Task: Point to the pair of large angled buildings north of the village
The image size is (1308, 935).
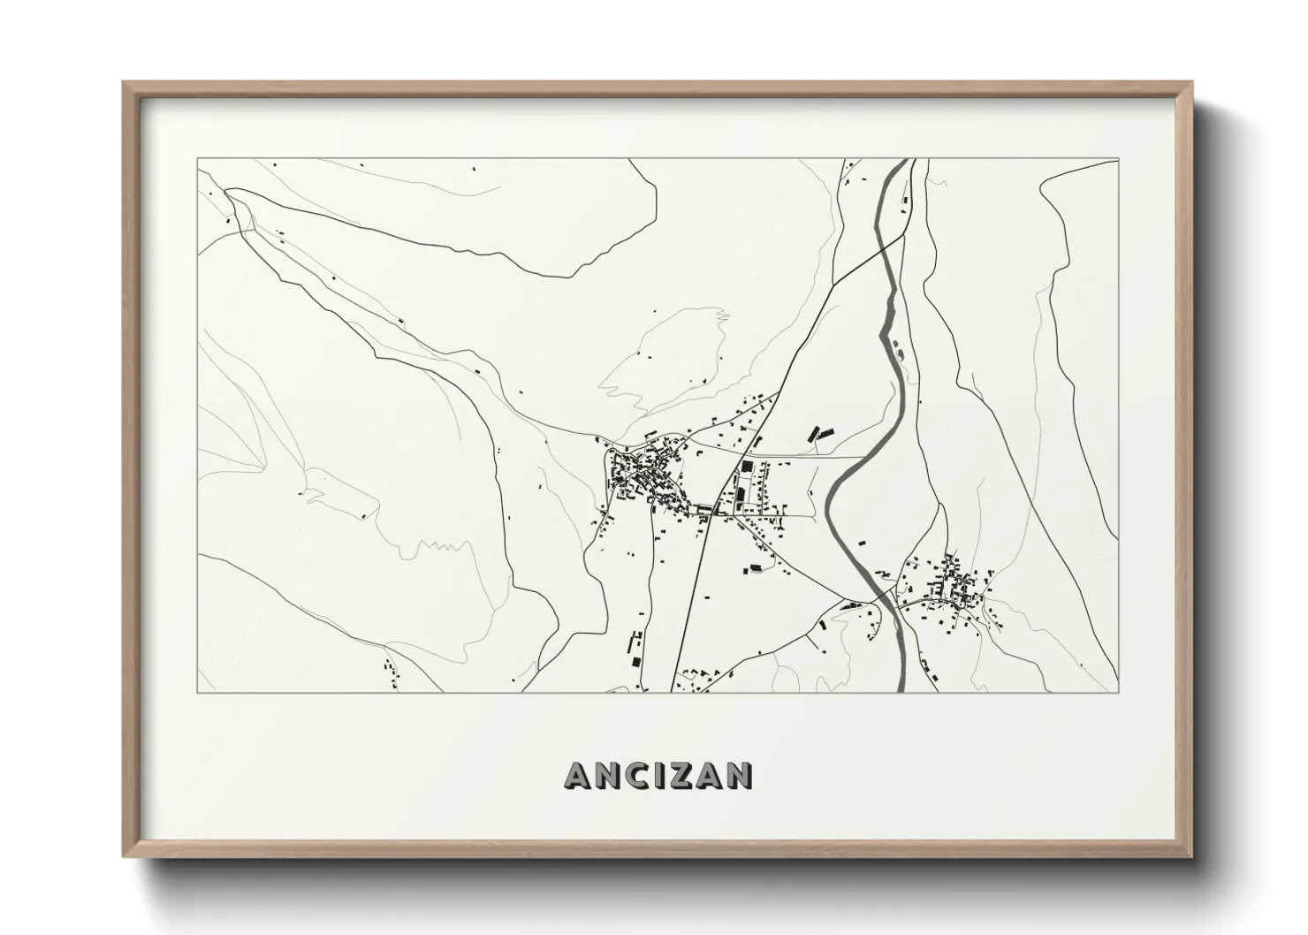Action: pyautogui.click(x=819, y=434)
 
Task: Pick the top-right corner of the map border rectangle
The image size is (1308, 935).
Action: pyautogui.click(x=1118, y=159)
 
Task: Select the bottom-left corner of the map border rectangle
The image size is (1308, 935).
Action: pyautogui.click(x=198, y=692)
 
